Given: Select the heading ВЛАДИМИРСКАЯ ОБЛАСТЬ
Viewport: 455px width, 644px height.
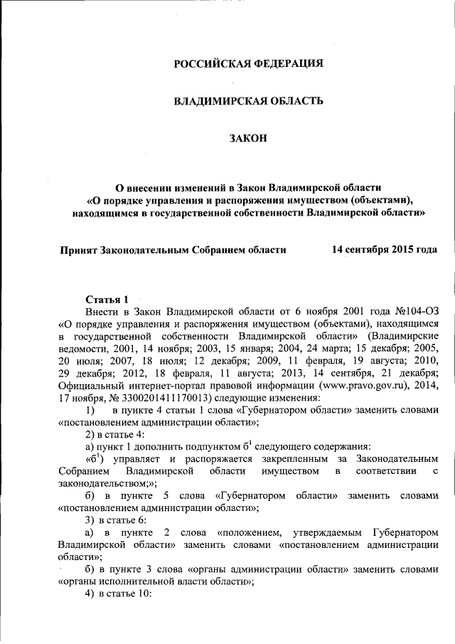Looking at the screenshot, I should (x=249, y=101).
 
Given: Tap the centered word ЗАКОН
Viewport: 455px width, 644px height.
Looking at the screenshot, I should (x=248, y=138).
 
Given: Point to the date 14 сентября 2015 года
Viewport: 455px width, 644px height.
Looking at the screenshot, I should (x=384, y=250).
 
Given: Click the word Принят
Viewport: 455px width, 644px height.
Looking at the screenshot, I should (x=78, y=250).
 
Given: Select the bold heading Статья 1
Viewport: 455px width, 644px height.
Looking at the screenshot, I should (x=107, y=299).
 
